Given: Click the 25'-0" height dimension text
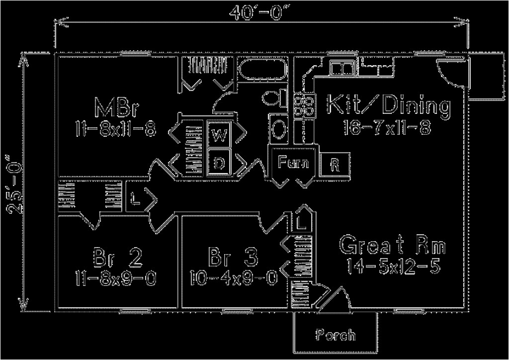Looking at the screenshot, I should pyautogui.click(x=15, y=184).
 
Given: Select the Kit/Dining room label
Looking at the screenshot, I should pyautogui.click(x=388, y=105).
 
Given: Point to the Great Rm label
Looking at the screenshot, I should pyautogui.click(x=392, y=246).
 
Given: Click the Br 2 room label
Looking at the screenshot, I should pyautogui.click(x=117, y=258).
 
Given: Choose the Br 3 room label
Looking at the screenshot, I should pyautogui.click(x=234, y=258).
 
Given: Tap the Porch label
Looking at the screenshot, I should pyautogui.click(x=336, y=334).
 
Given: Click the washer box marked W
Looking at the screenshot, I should pyautogui.click(x=218, y=135).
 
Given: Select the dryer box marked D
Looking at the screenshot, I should pyautogui.click(x=218, y=162).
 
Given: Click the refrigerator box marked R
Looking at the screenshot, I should pyautogui.click(x=336, y=164).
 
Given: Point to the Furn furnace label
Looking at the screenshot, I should pyautogui.click(x=293, y=162).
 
